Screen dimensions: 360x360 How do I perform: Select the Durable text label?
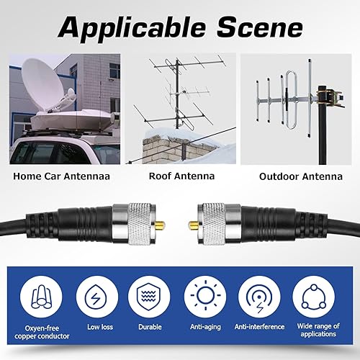(x=150, y=327)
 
